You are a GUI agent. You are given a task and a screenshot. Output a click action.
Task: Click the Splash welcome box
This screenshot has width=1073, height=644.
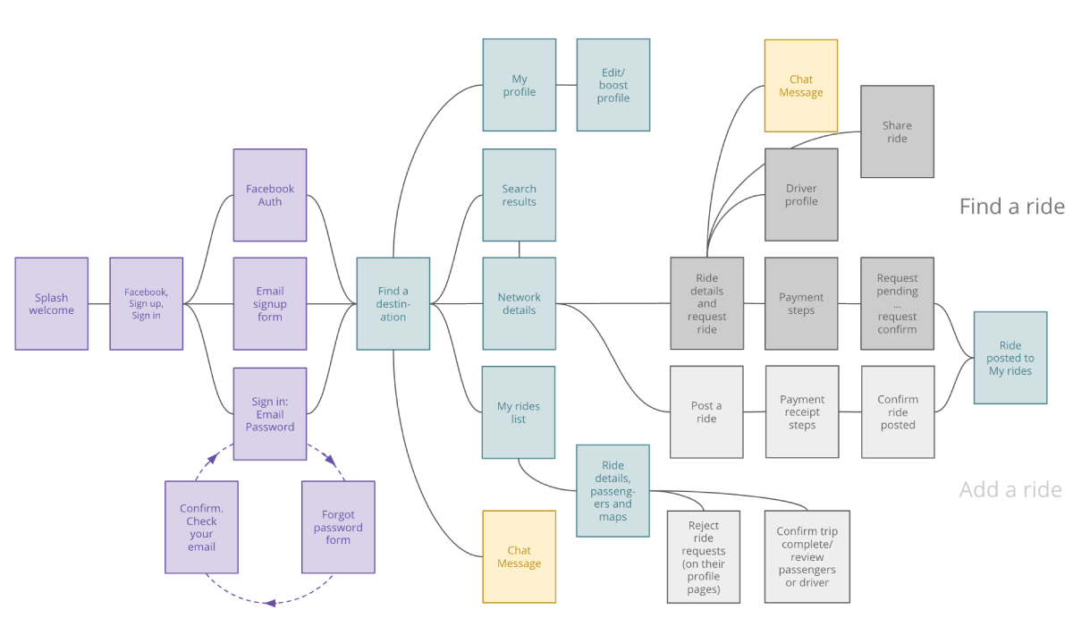click(x=52, y=304)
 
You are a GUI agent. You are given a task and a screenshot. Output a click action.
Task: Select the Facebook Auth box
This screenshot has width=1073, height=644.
click(x=270, y=195)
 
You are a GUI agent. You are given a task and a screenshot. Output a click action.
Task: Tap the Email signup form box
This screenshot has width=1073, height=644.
click(x=270, y=304)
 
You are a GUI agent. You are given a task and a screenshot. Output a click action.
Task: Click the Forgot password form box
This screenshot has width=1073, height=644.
click(x=338, y=527)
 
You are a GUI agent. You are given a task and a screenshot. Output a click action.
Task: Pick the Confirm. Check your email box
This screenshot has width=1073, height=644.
click(x=201, y=527)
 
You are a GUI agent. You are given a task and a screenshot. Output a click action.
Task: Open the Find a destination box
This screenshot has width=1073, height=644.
click(x=393, y=304)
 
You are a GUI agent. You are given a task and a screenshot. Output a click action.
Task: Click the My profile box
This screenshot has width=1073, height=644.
click(x=519, y=85)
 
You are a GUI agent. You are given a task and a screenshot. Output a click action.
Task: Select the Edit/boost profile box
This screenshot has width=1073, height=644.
click(x=613, y=85)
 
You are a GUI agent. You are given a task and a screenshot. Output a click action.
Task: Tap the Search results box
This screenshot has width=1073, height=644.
click(x=519, y=195)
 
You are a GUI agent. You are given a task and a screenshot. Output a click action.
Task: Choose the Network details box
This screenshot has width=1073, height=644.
click(x=519, y=304)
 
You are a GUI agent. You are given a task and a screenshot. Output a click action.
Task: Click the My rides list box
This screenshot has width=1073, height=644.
click(x=519, y=412)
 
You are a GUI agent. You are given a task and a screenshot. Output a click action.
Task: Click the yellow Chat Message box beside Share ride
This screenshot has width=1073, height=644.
click(x=801, y=86)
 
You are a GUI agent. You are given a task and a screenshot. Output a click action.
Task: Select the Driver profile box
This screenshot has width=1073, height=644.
click(x=801, y=195)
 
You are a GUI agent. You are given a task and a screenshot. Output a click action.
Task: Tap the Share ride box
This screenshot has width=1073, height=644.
click(x=897, y=131)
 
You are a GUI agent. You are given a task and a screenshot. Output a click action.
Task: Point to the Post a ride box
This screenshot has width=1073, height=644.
click(x=706, y=412)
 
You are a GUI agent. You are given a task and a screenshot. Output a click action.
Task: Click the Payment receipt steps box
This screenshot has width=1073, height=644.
click(x=802, y=412)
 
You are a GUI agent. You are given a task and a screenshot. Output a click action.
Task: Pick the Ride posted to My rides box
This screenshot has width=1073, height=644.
click(x=1010, y=358)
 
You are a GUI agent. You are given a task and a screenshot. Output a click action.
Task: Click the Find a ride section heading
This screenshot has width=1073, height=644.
click(x=1011, y=207)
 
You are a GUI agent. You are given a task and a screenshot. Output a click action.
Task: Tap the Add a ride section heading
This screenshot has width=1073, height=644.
click(x=1010, y=489)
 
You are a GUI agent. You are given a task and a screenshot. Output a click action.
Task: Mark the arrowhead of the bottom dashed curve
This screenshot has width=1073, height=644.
click(x=271, y=603)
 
